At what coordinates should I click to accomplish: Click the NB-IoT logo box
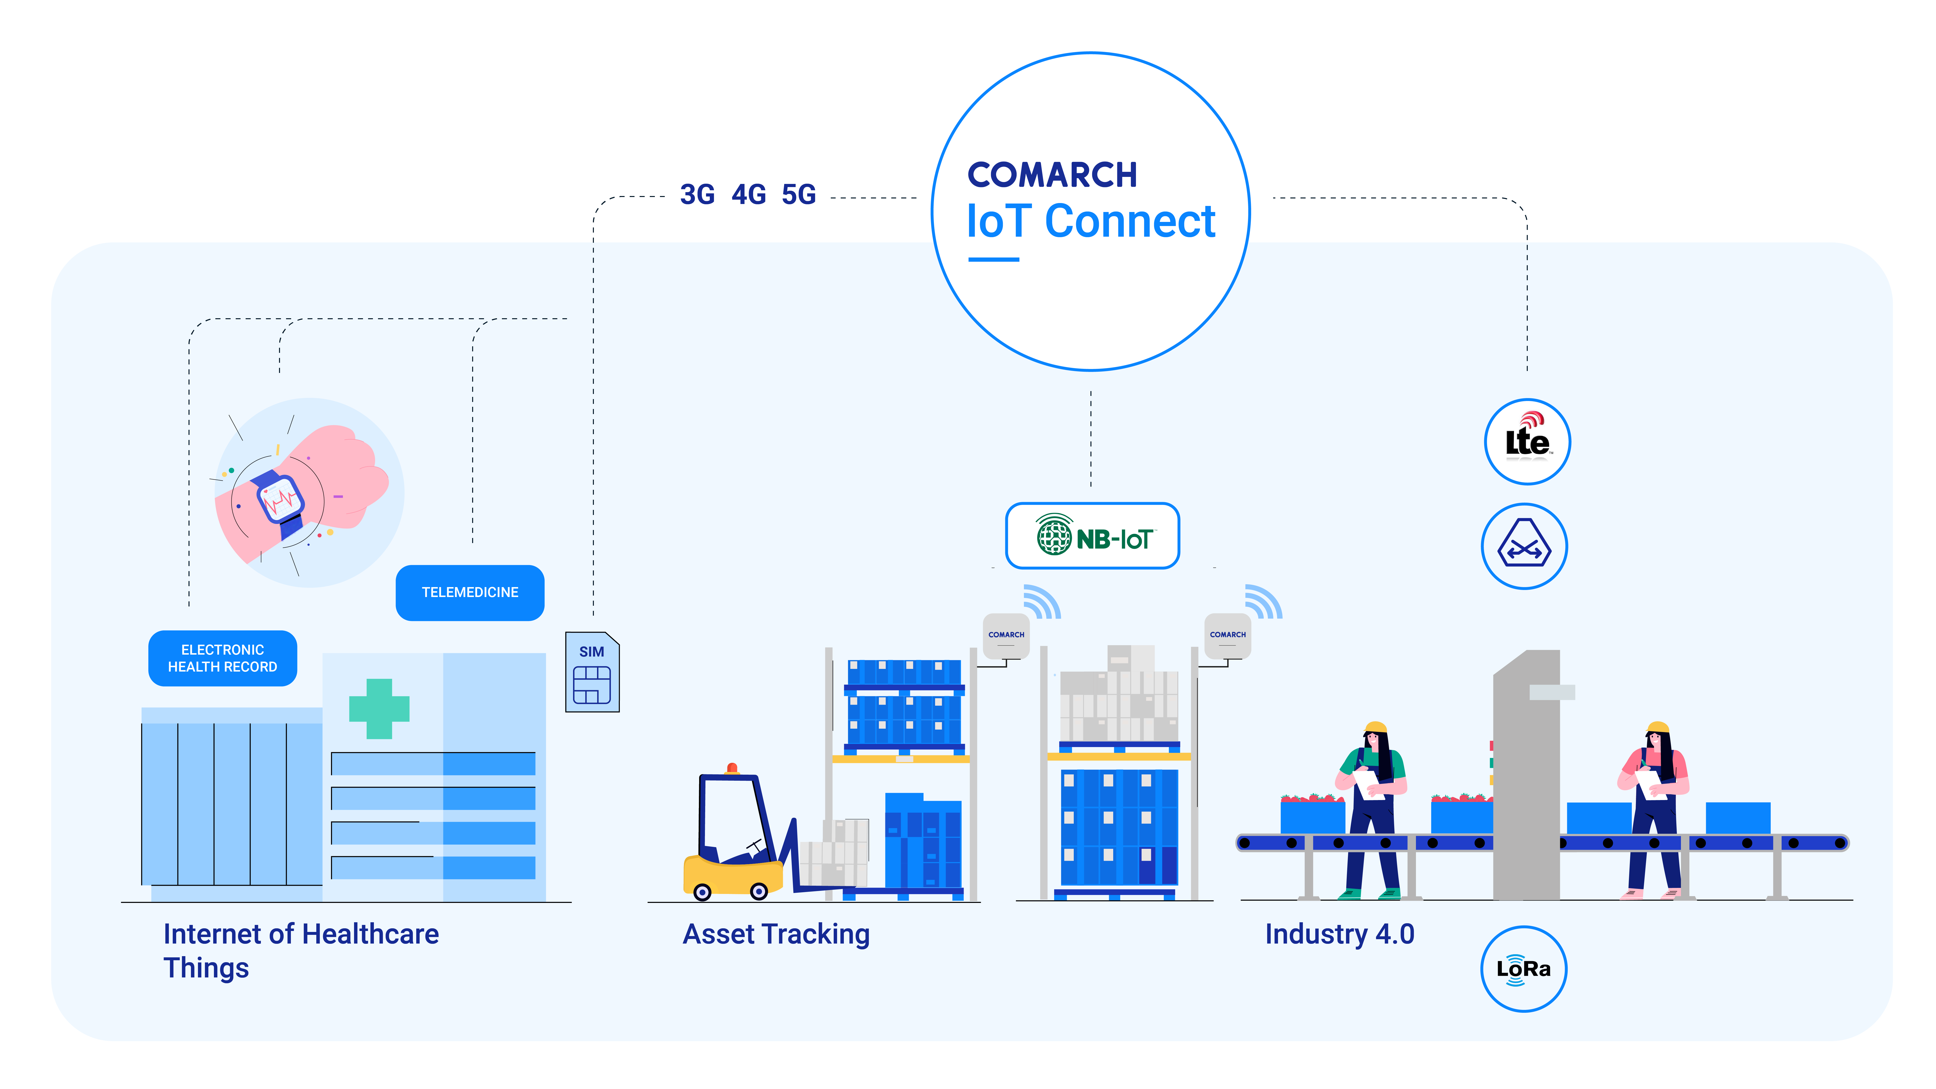point(1092,536)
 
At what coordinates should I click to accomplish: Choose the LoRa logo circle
point(1523,969)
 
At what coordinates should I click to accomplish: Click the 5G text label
point(798,195)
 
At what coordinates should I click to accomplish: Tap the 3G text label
point(697,195)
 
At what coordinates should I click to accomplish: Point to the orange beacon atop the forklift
point(732,768)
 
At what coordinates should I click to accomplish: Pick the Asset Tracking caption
point(776,934)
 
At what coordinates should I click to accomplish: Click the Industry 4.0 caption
point(1339,934)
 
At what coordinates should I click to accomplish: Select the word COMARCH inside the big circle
point(1052,175)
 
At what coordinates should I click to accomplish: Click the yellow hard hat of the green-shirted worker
point(1375,727)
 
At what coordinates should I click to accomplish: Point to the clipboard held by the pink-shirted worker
point(1650,784)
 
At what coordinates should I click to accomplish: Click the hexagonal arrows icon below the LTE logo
point(1524,546)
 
